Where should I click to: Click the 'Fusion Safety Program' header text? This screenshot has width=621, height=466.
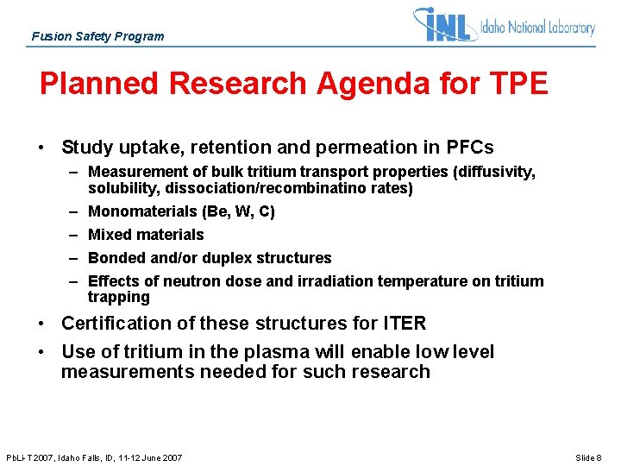[97, 36]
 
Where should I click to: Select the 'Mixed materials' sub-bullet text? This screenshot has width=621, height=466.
[146, 235]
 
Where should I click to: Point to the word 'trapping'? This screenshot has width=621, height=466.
[118, 297]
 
